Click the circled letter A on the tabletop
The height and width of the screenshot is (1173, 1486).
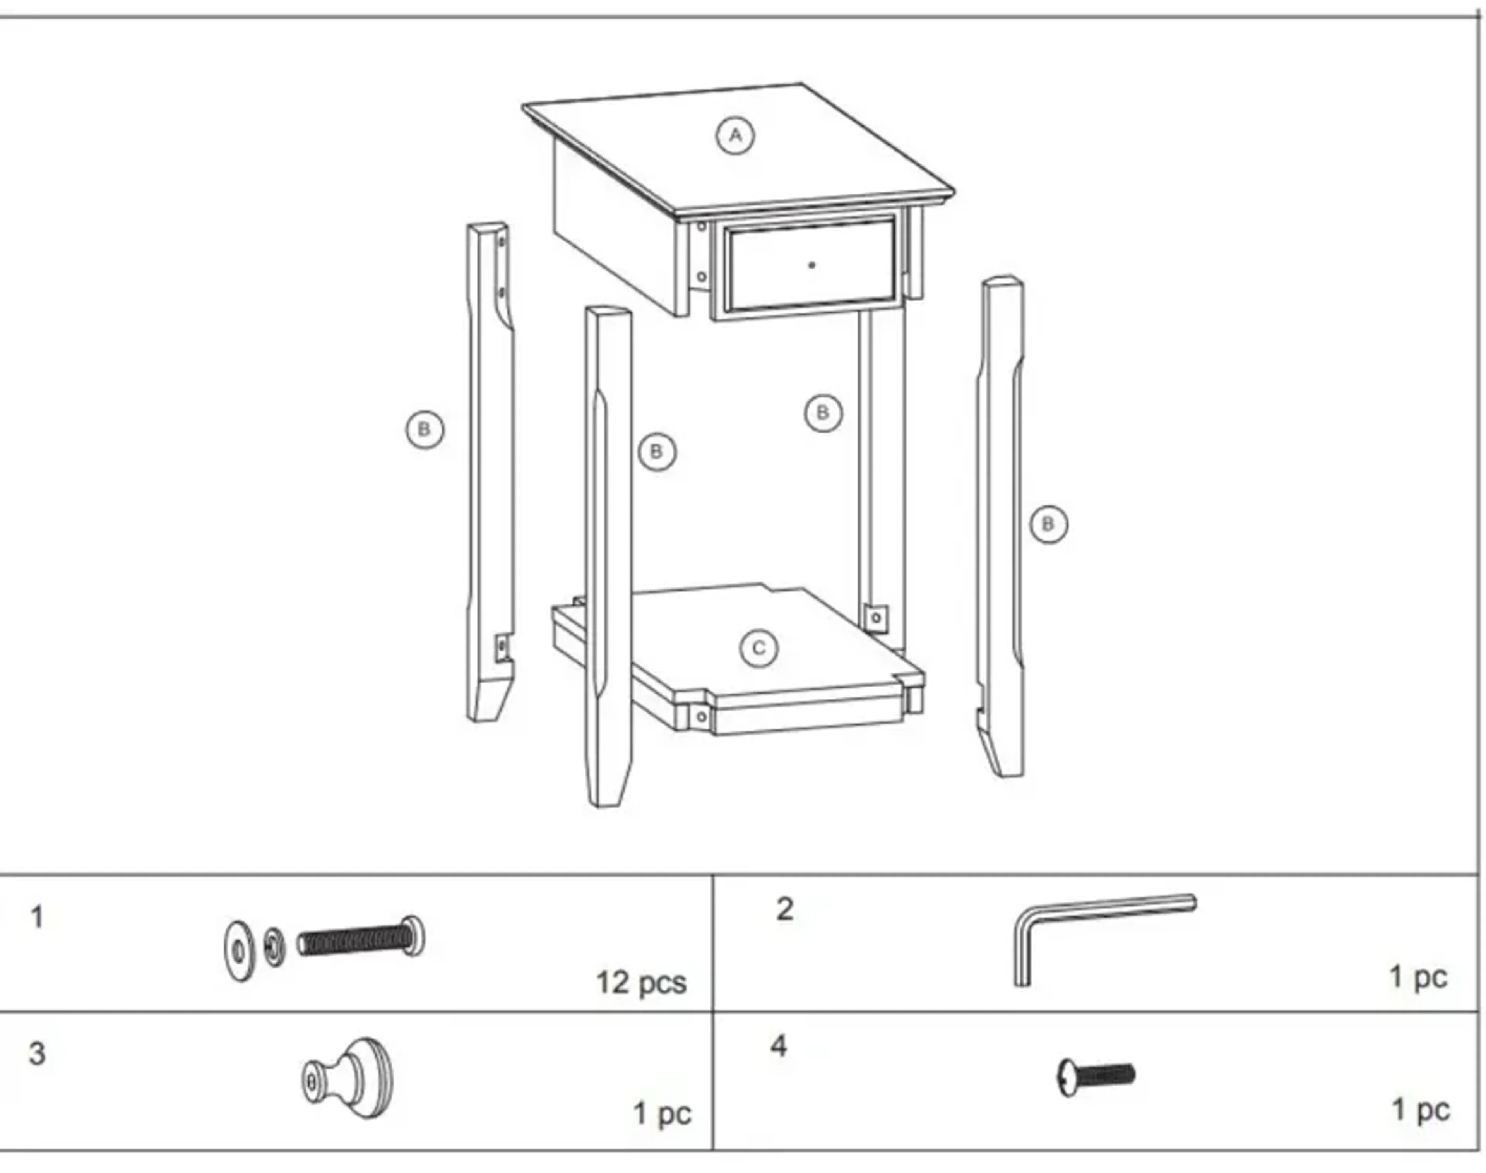pyautogui.click(x=735, y=135)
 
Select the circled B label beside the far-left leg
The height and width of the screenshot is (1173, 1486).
pyautogui.click(x=425, y=430)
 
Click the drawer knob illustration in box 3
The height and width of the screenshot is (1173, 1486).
pyautogui.click(x=349, y=1078)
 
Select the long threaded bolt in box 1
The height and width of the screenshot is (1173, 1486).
pyautogui.click(x=361, y=938)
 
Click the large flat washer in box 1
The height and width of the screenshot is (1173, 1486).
pyautogui.click(x=239, y=950)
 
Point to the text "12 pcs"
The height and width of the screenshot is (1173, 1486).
pyautogui.click(x=641, y=983)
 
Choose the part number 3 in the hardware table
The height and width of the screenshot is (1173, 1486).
pyautogui.click(x=37, y=1053)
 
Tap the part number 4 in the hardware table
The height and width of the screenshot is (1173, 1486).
pyautogui.click(x=778, y=1046)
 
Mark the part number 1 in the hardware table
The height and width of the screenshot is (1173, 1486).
pyautogui.click(x=37, y=918)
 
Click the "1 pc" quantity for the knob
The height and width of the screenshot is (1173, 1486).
pyautogui.click(x=661, y=1113)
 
